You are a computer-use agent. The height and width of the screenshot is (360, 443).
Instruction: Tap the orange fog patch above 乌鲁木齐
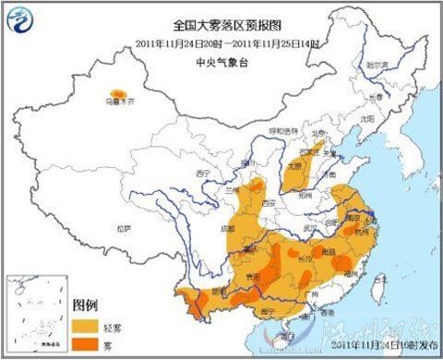(x=118, y=93)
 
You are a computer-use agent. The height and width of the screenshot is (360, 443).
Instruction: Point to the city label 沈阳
(x=367, y=119)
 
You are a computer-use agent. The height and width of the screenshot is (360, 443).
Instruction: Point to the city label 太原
(x=295, y=166)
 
